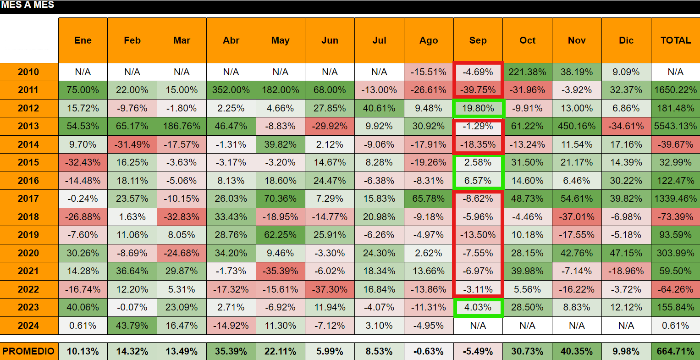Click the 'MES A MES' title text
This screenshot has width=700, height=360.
(x=28, y=5)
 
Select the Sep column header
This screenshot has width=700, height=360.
(x=478, y=40)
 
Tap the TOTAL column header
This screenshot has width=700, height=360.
(x=676, y=40)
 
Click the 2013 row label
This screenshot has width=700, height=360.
(x=29, y=126)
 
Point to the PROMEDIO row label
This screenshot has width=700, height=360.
(x=29, y=351)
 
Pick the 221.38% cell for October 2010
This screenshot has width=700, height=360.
(x=528, y=72)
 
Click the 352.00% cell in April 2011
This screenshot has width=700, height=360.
(x=231, y=90)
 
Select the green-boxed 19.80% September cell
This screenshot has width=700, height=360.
(x=478, y=108)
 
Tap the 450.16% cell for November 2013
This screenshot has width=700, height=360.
(x=577, y=126)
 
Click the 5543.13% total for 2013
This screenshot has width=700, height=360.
(x=676, y=126)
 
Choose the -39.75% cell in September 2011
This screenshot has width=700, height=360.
(x=478, y=90)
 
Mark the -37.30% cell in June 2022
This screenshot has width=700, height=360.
(x=330, y=289)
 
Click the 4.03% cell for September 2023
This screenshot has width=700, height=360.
(x=478, y=308)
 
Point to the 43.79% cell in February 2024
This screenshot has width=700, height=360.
(x=132, y=326)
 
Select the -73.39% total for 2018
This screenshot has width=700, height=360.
(x=676, y=217)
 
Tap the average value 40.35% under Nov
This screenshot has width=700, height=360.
(x=577, y=351)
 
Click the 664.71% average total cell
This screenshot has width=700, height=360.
(x=676, y=351)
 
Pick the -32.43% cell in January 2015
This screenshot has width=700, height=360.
(x=83, y=162)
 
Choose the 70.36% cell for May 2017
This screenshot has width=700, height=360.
(x=281, y=199)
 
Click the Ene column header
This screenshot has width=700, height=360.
(x=83, y=40)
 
